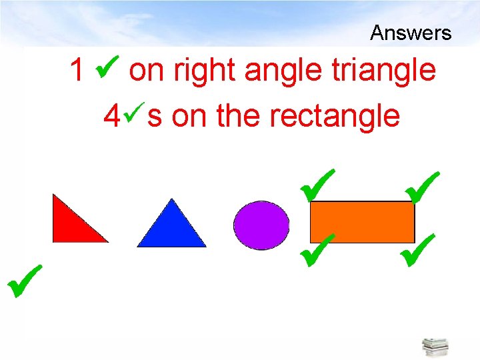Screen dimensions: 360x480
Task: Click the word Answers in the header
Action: coord(411,33)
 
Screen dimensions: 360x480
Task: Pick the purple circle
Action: coord(261,225)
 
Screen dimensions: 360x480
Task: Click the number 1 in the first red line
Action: coord(78,70)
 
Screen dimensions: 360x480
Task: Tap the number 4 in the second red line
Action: coord(112,117)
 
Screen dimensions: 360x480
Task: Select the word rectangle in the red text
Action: coord(334,117)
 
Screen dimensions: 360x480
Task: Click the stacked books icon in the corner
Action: coord(435,347)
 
